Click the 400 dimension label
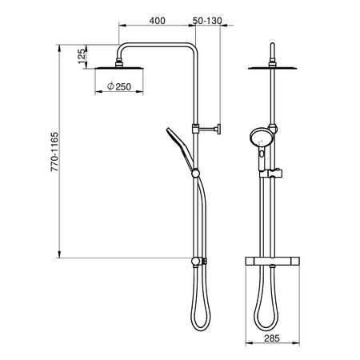(157, 21)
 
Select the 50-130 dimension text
(207, 21)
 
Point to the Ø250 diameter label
(119, 86)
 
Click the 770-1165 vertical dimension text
(54, 151)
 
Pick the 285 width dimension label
(272, 338)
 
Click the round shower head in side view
(119, 68)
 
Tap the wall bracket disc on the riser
(219, 130)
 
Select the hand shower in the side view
(180, 147)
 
